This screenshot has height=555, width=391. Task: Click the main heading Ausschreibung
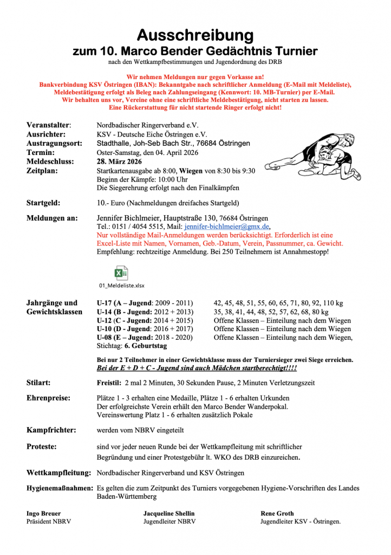pos(195,35)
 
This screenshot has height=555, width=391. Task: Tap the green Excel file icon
pos(121,273)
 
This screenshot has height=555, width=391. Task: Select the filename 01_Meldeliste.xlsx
pos(121,285)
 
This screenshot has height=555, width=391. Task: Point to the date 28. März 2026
pos(120,161)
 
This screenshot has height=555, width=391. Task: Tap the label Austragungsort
pos(54,143)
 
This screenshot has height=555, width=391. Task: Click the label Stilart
pos(39,383)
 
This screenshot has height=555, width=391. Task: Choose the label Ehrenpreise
pos(48,398)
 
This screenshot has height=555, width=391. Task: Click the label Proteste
pos(42,447)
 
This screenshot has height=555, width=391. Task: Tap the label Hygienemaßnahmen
pos(60,488)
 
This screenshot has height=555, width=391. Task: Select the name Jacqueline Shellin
pos(169,513)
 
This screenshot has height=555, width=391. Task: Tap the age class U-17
pos(105,302)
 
